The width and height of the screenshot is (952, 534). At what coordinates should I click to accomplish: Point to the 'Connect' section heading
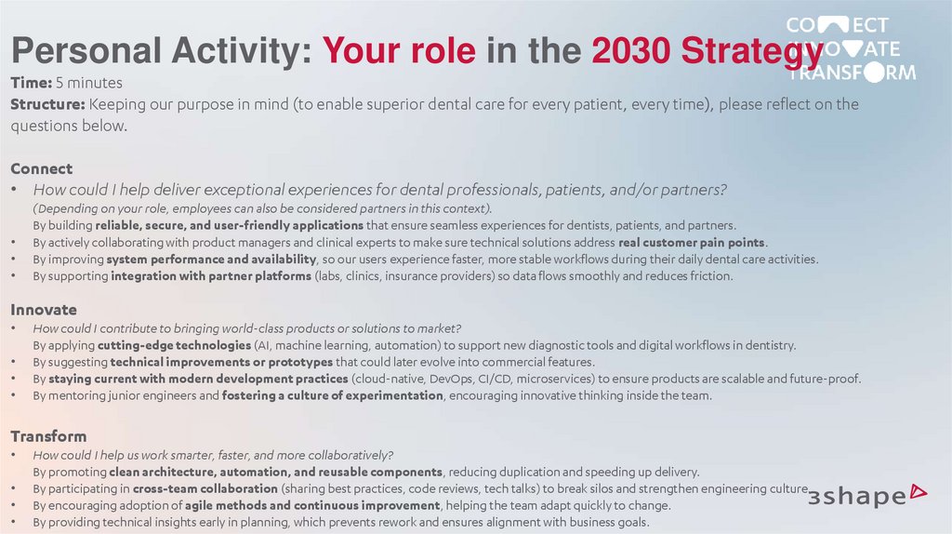(x=41, y=168)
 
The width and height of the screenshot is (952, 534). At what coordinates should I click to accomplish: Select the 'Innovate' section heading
(x=44, y=310)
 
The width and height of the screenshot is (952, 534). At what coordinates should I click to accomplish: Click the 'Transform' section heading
(x=48, y=436)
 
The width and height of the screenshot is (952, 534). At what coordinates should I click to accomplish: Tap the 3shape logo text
(x=856, y=496)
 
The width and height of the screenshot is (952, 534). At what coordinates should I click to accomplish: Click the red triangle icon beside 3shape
(x=919, y=489)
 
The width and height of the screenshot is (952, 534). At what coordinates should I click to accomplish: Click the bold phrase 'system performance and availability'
(x=212, y=260)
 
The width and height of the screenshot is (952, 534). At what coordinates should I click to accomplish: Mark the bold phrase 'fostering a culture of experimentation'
(x=333, y=395)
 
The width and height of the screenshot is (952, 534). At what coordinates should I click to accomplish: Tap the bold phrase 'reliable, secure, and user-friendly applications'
(x=229, y=225)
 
